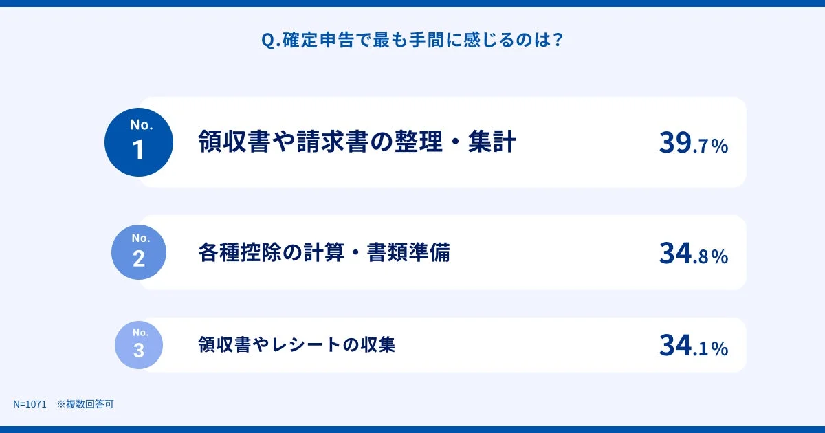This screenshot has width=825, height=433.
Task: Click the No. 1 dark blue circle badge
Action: [x=139, y=142]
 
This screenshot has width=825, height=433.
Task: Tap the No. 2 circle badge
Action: [x=139, y=252]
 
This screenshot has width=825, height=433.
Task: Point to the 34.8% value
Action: [x=693, y=254]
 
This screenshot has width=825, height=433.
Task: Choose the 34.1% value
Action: [x=693, y=346]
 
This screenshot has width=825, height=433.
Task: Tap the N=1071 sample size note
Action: [x=30, y=405]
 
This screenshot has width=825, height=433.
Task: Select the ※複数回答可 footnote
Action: [x=85, y=405]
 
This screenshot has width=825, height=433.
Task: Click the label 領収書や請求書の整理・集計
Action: [x=357, y=142]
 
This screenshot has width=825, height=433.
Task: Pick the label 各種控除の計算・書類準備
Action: [x=324, y=253]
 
